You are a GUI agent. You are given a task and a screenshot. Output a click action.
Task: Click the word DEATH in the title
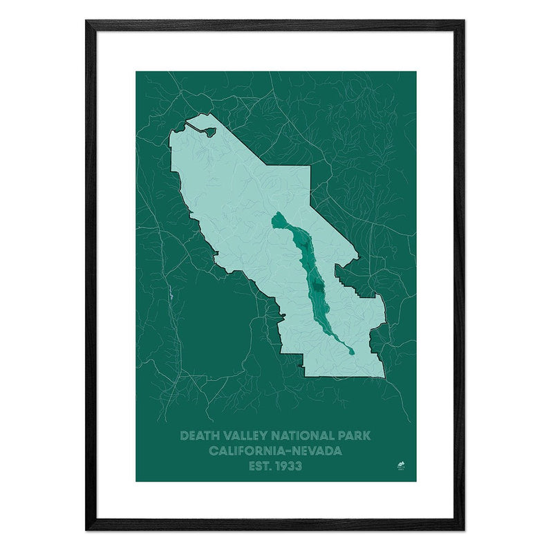tap(196, 436)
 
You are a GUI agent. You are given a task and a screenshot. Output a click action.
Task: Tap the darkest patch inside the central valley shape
tap(317, 291)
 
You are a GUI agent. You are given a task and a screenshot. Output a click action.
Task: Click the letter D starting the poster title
tap(184, 436)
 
